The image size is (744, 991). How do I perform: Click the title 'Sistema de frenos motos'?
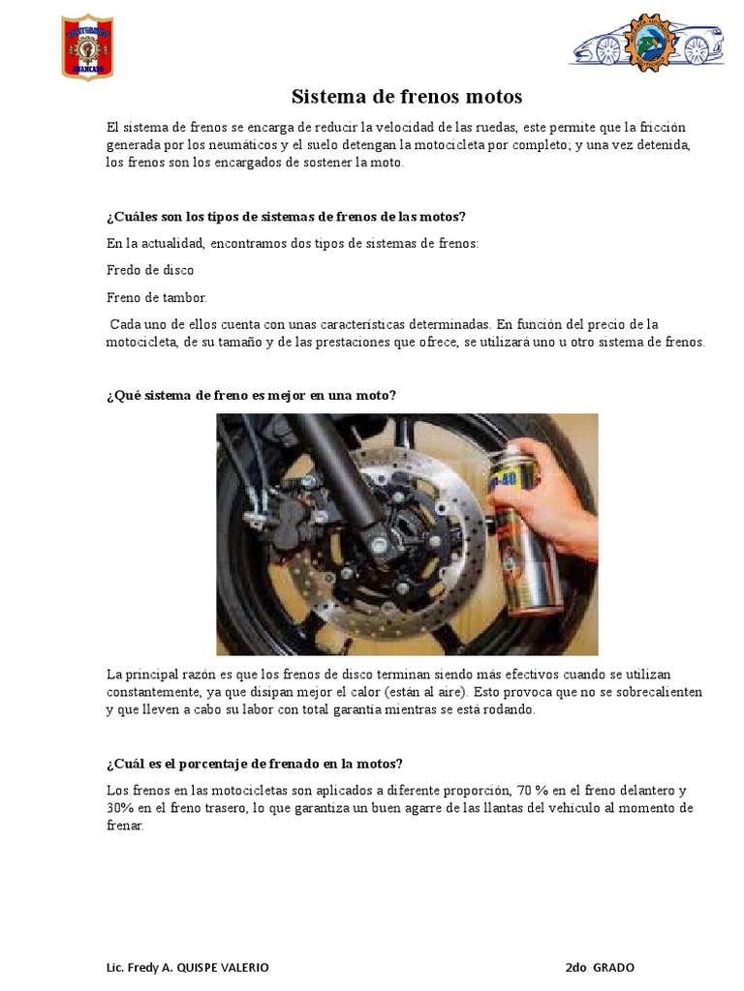407,97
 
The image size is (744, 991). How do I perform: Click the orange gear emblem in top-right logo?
646,43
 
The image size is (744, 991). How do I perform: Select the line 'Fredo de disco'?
150,270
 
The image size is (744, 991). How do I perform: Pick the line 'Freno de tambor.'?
157,297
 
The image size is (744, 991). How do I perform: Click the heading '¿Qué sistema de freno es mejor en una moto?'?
252,395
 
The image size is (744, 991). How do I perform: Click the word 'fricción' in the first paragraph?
670,128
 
